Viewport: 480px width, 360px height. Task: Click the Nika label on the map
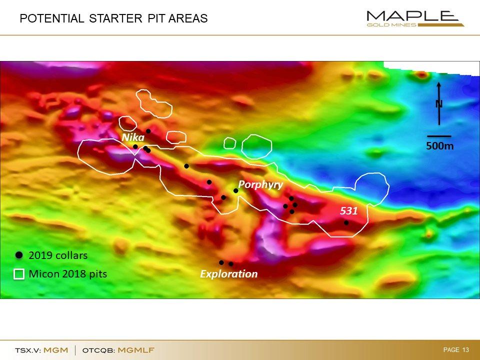pyautogui.click(x=133, y=137)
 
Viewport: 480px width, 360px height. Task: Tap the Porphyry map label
pyautogui.click(x=260, y=184)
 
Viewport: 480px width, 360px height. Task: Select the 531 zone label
pyautogui.click(x=349, y=210)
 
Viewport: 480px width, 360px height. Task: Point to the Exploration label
pyautogui.click(x=228, y=273)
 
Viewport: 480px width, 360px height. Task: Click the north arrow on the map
pyautogui.click(x=439, y=103)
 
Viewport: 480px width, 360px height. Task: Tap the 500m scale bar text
pyautogui.click(x=440, y=146)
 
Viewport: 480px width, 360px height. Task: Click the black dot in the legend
pyautogui.click(x=19, y=255)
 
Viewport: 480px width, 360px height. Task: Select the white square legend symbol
pyautogui.click(x=19, y=274)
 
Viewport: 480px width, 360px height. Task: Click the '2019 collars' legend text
pyautogui.click(x=58, y=255)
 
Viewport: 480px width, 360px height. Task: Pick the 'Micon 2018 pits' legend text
pyautogui.click(x=68, y=273)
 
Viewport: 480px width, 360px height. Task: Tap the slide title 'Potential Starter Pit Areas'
pyautogui.click(x=113, y=18)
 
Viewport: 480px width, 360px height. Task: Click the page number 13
pyautogui.click(x=466, y=349)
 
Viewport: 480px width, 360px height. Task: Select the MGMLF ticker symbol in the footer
pyautogui.click(x=136, y=350)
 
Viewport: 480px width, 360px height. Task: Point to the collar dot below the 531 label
pyautogui.click(x=346, y=223)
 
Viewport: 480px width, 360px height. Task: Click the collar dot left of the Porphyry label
pyautogui.click(x=235, y=190)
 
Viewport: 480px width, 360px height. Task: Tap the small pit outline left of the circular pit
pyautogui.click(x=230, y=143)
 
